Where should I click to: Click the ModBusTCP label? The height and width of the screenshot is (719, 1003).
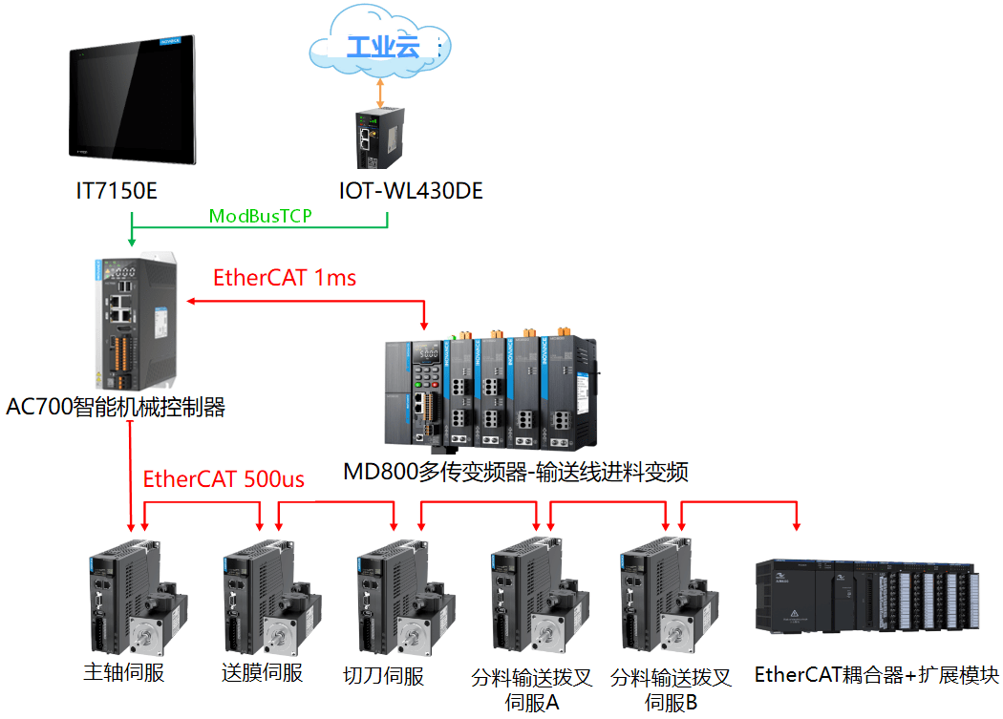coord(261,217)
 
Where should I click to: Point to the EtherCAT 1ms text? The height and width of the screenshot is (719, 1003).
coord(285,278)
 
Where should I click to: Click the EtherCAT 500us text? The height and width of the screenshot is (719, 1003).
coord(224,478)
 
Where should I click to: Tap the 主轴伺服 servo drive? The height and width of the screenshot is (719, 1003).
coord(134,598)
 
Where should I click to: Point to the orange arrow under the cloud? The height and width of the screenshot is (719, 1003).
coord(380,92)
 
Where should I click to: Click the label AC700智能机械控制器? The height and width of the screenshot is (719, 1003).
coord(117,408)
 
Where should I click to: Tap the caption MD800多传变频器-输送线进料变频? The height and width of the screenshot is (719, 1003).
coord(516,472)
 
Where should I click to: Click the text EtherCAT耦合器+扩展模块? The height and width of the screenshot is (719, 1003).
coord(877,675)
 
